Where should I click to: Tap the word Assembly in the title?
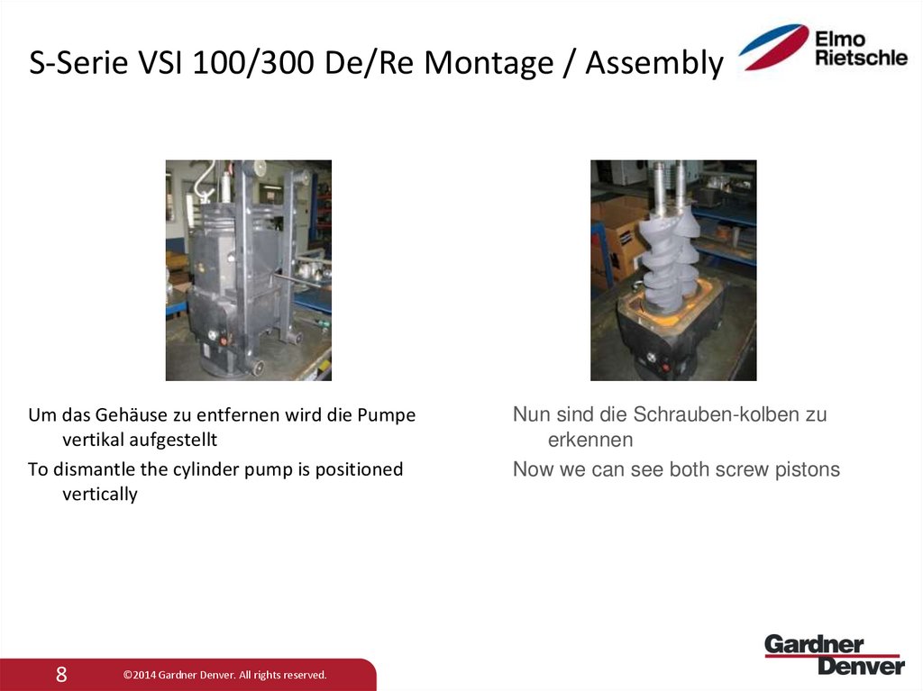point(654,63)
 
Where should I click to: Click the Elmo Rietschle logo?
point(822,48)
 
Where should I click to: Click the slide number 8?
point(61,674)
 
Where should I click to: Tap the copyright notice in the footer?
point(224,675)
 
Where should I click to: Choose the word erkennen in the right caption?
point(590,441)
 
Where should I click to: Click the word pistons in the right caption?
point(808,469)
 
